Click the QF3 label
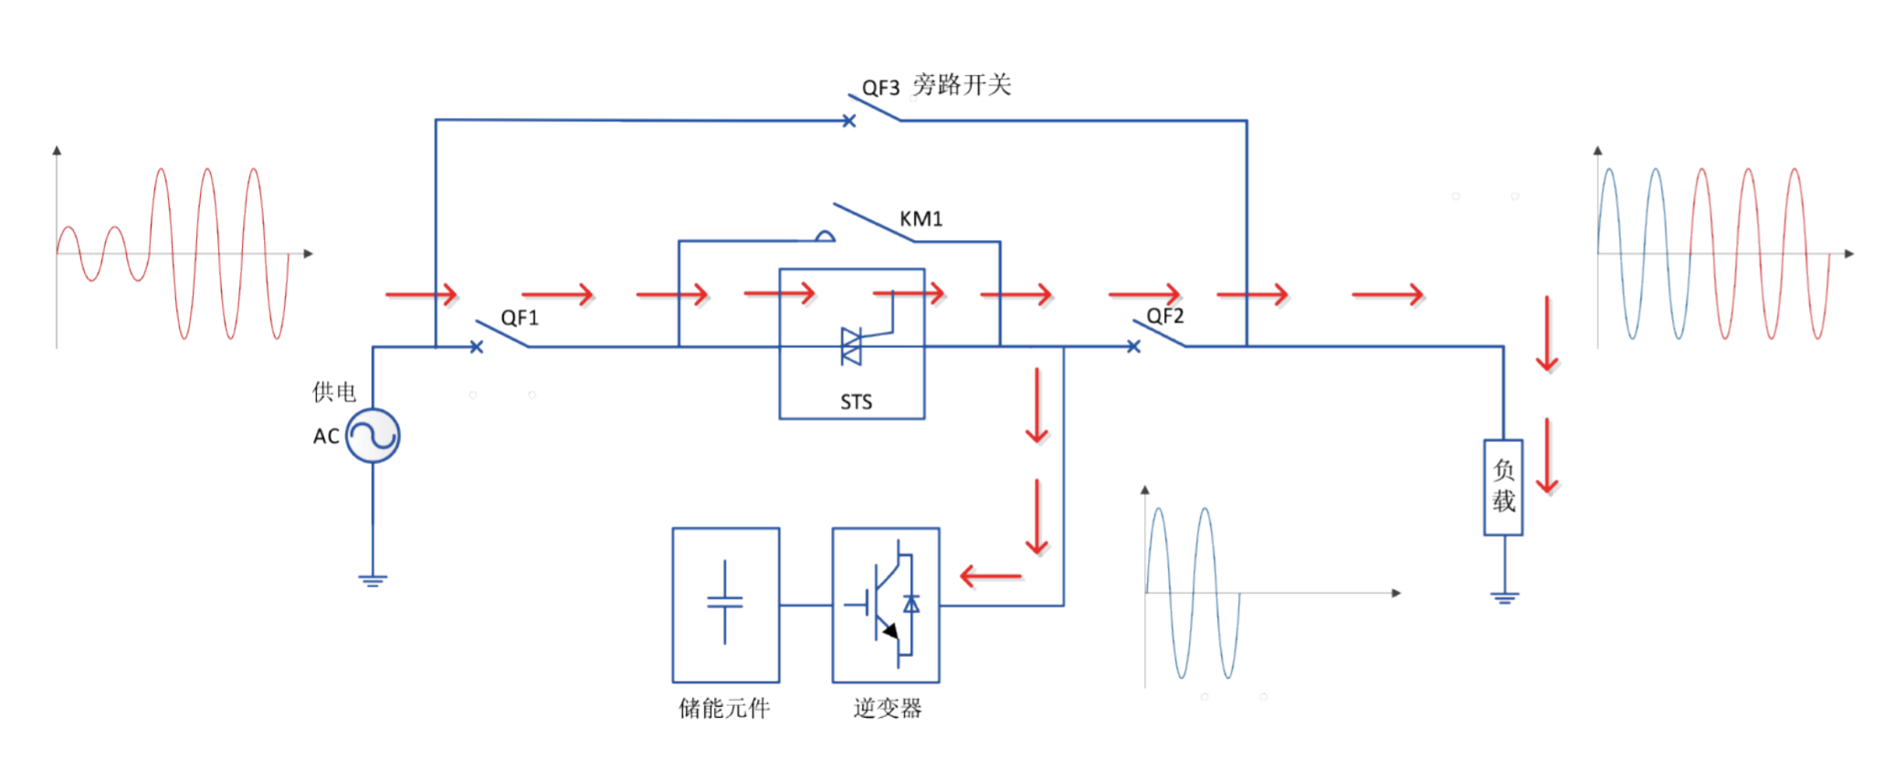(x=880, y=88)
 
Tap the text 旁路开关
(x=962, y=85)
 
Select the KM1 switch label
(x=921, y=219)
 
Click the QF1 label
(x=520, y=318)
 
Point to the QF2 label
(x=1164, y=316)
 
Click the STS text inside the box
(x=856, y=402)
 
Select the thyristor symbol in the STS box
(x=853, y=346)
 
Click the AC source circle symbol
(x=373, y=435)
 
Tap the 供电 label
(x=334, y=392)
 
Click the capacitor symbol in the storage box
(x=725, y=602)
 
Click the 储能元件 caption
(x=724, y=708)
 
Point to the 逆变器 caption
(x=887, y=708)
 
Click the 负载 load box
(x=1503, y=487)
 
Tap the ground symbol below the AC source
(x=373, y=580)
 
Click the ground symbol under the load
(x=1504, y=598)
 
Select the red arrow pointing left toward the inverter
(x=991, y=576)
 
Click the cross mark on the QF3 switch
(x=848, y=121)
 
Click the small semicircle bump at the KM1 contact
(x=825, y=237)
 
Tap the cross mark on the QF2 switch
(x=1133, y=346)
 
